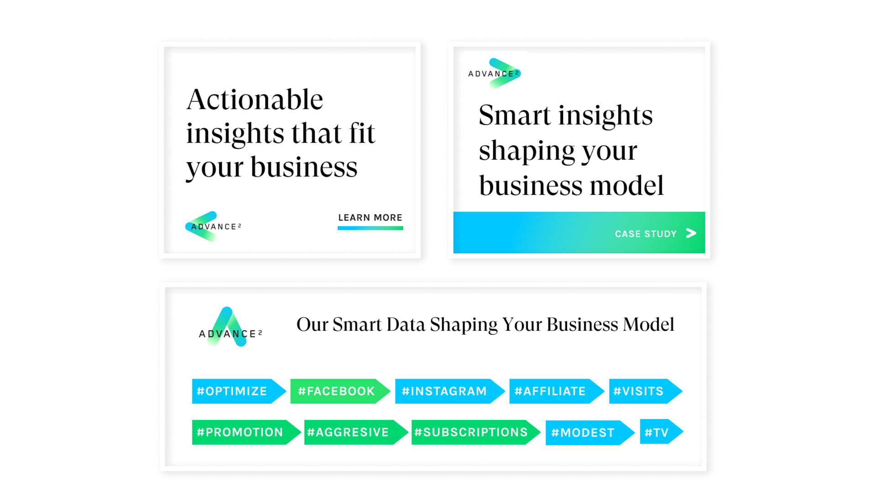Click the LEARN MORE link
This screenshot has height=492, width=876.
[370, 218]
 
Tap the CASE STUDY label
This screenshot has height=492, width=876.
[646, 234]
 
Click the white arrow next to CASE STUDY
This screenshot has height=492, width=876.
[691, 233]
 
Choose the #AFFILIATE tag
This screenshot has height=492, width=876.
[557, 391]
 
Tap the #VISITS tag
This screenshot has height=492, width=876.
[646, 391]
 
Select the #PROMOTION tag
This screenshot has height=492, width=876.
[246, 432]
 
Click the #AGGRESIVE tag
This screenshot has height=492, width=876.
[356, 432]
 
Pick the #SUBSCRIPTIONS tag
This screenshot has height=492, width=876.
[476, 432]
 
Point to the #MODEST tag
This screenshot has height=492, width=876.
[590, 433]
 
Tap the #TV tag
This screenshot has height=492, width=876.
[662, 431]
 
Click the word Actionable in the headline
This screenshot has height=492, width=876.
[255, 99]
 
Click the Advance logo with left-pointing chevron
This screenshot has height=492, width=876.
[213, 226]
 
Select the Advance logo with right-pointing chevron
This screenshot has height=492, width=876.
[495, 73]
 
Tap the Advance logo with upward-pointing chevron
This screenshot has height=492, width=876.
[230, 327]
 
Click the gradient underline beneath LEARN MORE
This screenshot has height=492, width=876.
[370, 228]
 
